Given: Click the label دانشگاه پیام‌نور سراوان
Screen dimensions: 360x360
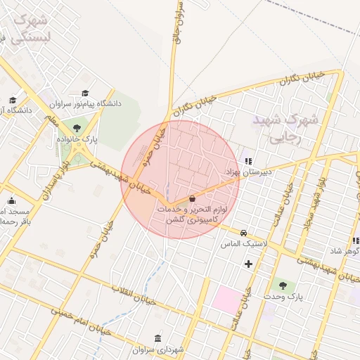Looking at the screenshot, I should (x=86, y=104).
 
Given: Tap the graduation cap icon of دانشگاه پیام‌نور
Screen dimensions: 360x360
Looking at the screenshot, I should (x=85, y=93).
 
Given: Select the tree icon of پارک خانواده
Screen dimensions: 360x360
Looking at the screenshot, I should (x=75, y=128).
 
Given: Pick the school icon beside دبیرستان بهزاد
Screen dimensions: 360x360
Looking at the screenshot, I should (x=248, y=161).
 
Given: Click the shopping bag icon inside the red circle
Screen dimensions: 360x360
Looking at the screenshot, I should (x=193, y=199).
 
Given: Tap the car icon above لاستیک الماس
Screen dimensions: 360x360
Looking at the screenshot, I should (x=243, y=233).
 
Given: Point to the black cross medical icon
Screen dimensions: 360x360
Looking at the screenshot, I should (x=248, y=264).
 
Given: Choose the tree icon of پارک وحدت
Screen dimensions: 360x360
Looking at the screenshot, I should (x=283, y=285).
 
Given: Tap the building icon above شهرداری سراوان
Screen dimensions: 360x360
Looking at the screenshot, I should (x=156, y=338).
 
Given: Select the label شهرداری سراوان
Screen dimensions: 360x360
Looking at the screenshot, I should (x=157, y=349).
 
